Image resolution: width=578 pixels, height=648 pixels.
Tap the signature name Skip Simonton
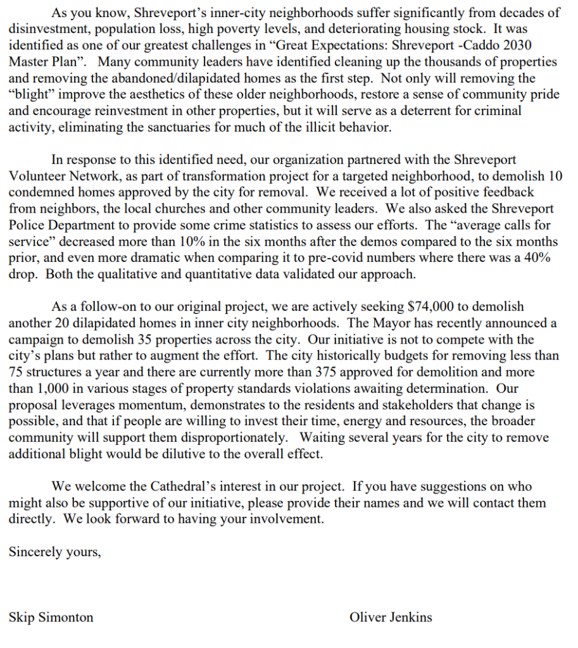[x=51, y=617]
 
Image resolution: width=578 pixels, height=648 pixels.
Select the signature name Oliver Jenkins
[x=391, y=617]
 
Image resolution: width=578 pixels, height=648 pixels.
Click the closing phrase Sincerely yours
[x=55, y=551]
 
